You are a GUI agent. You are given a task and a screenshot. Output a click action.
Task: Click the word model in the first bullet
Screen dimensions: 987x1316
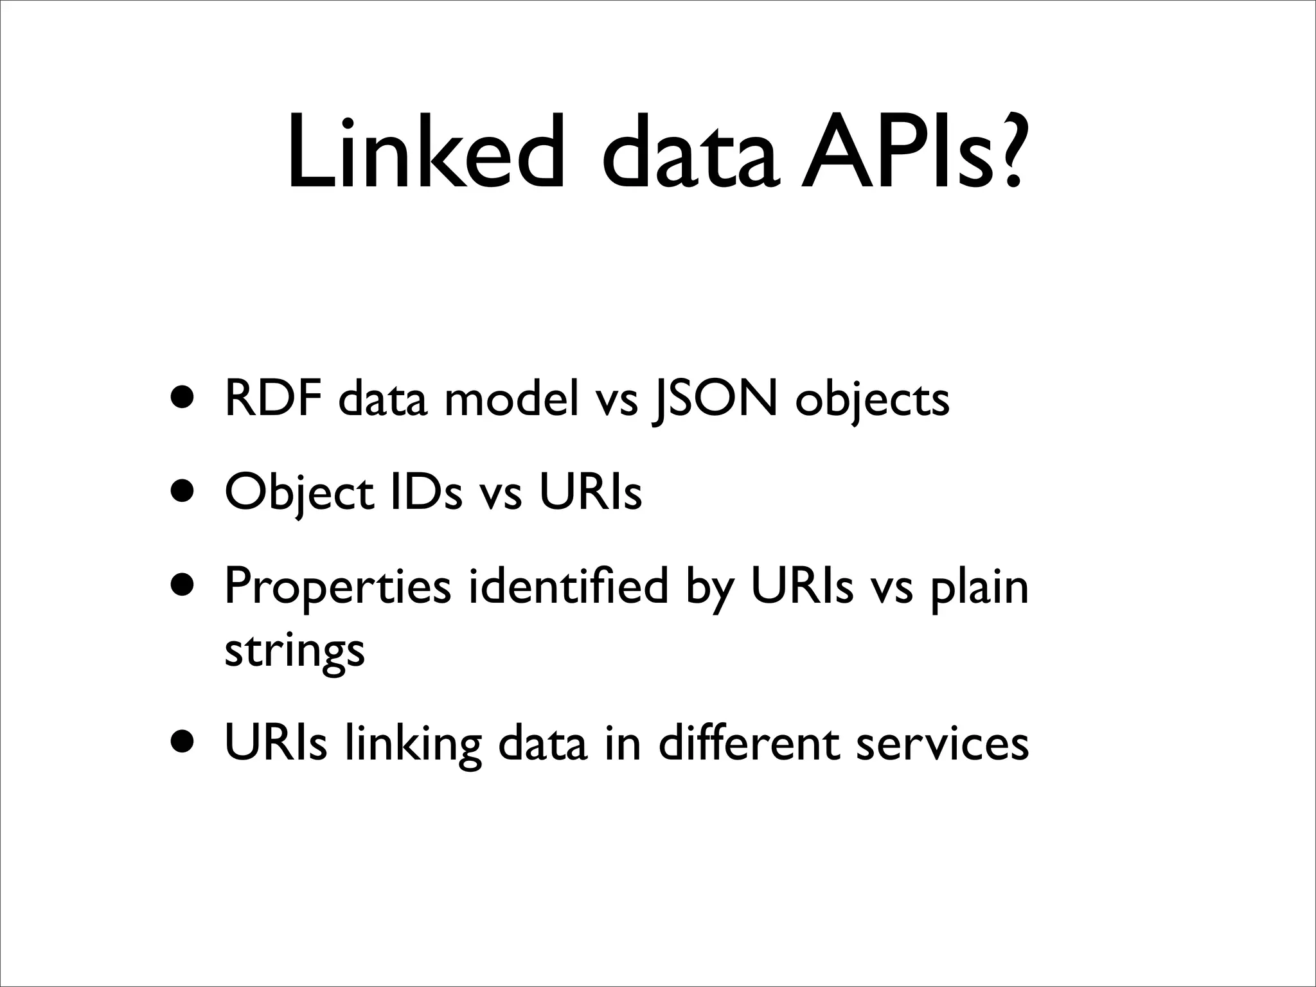coord(511,398)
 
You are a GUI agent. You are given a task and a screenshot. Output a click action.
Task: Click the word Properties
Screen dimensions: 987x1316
coord(338,588)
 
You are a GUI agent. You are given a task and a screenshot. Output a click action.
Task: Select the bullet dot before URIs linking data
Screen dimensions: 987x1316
coord(184,744)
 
